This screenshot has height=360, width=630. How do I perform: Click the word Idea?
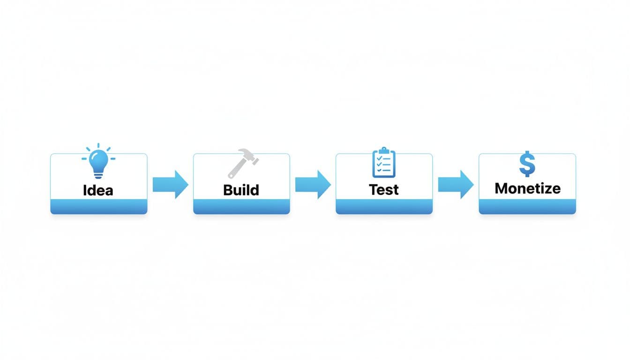(98, 190)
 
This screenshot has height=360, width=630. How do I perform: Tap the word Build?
(241, 190)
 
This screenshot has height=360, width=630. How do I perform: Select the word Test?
(384, 189)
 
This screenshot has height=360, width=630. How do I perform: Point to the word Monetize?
(527, 188)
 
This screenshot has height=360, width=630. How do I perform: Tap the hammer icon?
(243, 163)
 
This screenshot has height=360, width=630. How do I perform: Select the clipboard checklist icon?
(384, 163)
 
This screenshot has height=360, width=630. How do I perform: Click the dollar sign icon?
(527, 164)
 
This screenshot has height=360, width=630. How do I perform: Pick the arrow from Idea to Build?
(170, 184)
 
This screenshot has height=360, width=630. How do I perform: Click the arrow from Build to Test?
(313, 184)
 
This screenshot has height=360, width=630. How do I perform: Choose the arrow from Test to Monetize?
(456, 184)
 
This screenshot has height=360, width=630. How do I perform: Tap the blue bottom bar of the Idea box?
(99, 206)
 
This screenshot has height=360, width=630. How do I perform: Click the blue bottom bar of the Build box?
(241, 206)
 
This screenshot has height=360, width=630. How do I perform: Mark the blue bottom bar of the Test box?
(384, 206)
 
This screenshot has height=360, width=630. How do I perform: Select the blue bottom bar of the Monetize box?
(527, 206)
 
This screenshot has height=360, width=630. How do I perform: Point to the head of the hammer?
(248, 156)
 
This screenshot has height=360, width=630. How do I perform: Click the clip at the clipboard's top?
(384, 150)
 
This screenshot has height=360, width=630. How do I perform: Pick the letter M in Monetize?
(501, 188)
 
